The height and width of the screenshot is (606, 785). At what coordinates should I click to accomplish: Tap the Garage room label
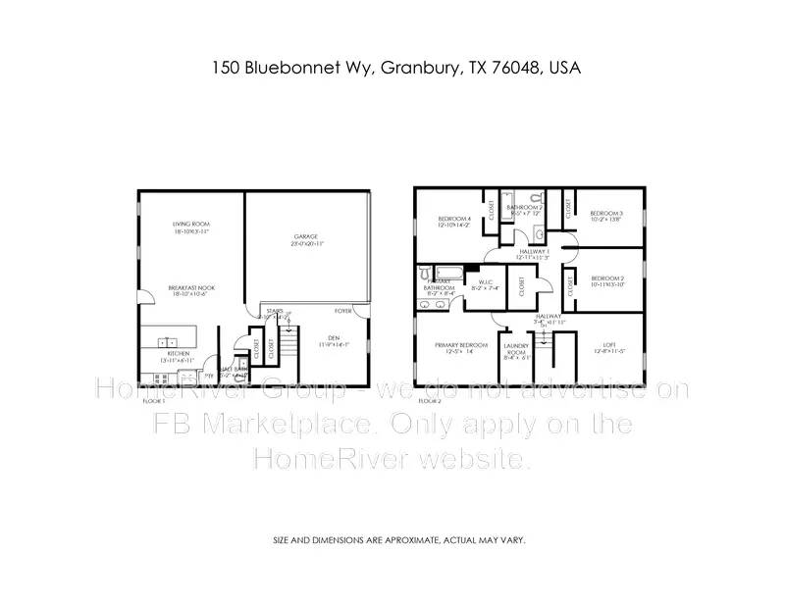click(307, 240)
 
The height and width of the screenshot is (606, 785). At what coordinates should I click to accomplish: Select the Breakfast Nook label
click(191, 290)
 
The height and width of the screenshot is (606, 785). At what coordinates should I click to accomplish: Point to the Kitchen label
click(178, 356)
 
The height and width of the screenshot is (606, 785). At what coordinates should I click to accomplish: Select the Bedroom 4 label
click(453, 221)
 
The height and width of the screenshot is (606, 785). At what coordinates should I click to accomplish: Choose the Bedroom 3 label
click(606, 216)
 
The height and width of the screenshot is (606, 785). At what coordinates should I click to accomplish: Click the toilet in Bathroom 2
click(541, 232)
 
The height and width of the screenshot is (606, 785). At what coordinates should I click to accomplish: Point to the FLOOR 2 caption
click(429, 401)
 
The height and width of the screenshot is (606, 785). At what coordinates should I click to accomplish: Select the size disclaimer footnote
click(398, 540)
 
